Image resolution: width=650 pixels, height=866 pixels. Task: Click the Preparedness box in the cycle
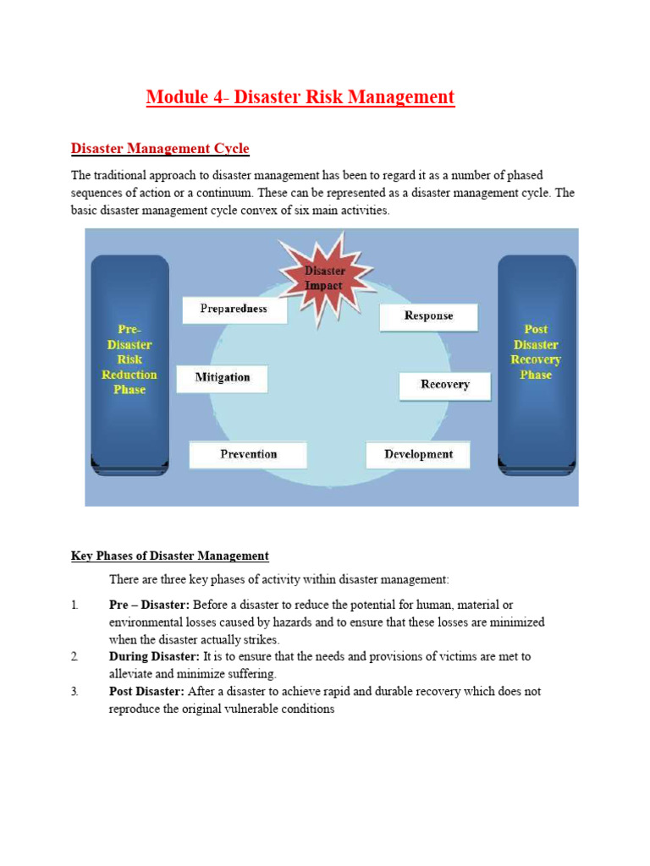click(234, 310)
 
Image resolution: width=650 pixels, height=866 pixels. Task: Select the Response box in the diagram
click(428, 316)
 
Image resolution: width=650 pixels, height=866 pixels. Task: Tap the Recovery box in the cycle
click(445, 385)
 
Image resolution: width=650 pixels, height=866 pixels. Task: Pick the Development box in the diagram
click(418, 455)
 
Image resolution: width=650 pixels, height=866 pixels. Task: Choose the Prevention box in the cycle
click(248, 455)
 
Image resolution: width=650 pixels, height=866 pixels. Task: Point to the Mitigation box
click(222, 378)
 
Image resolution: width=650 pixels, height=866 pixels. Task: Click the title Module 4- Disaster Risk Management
click(300, 97)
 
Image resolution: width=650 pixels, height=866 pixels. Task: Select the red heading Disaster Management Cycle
click(160, 149)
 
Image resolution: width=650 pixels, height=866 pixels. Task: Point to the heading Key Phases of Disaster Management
click(169, 556)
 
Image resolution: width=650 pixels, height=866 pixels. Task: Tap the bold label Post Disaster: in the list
click(146, 691)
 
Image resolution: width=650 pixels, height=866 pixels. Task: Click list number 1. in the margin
click(74, 605)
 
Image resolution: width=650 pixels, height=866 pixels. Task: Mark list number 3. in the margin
click(74, 691)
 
